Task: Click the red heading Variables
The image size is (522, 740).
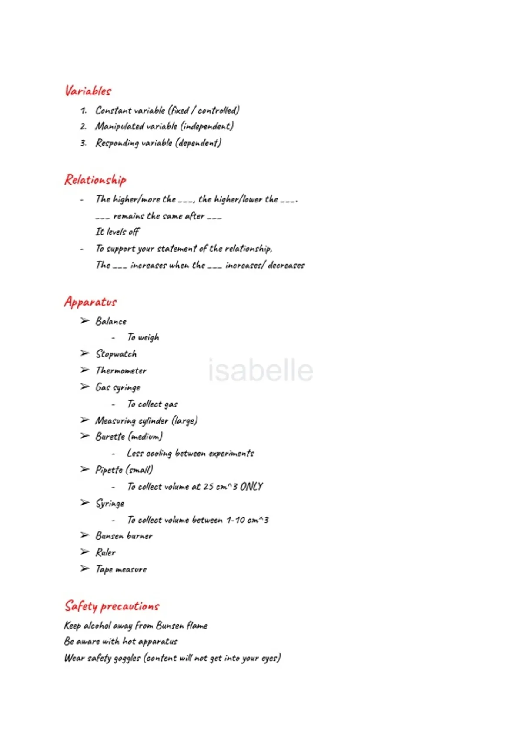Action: (x=88, y=91)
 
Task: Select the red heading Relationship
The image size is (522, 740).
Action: (x=95, y=180)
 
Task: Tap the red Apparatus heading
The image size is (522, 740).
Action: (x=90, y=302)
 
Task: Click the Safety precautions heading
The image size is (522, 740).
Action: (x=112, y=606)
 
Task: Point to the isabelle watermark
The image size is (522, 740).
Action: (x=260, y=370)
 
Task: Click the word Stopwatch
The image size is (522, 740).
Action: (x=116, y=354)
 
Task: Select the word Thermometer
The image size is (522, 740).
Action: (x=121, y=370)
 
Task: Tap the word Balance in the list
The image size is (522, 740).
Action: (x=111, y=321)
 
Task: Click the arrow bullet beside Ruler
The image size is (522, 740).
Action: (x=85, y=552)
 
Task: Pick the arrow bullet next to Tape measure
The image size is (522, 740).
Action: (x=85, y=568)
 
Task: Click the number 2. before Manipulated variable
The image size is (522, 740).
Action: (x=84, y=126)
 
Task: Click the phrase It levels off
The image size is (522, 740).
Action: (x=117, y=232)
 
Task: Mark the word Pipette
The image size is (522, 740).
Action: (x=109, y=470)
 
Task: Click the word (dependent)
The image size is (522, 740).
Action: (x=198, y=143)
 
